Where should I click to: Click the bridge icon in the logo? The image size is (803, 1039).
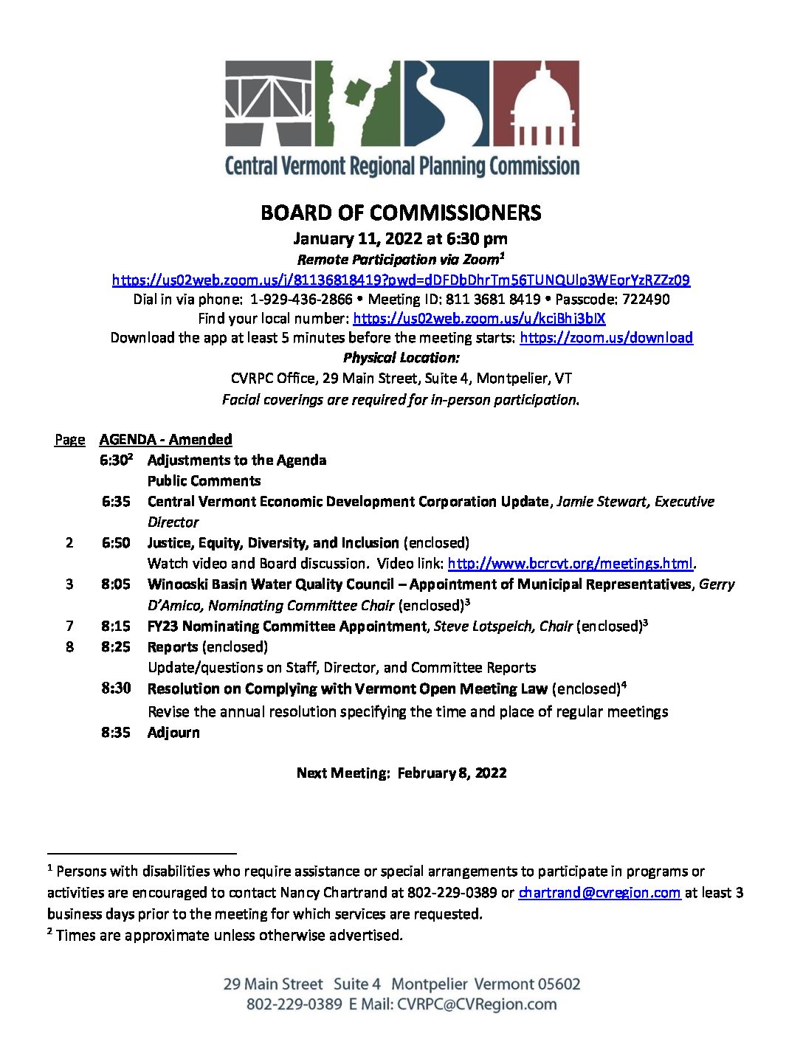[269, 103]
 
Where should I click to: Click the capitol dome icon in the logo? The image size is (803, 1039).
[536, 103]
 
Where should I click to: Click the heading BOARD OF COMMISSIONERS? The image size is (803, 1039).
[401, 213]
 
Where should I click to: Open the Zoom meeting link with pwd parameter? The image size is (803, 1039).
[401, 280]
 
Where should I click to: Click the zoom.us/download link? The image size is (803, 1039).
[606, 338]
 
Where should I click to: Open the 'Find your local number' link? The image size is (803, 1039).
[479, 319]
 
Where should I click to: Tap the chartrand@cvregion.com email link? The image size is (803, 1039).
[599, 893]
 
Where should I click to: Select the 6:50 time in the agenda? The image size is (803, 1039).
[116, 543]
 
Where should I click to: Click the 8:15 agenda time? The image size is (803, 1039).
[116, 626]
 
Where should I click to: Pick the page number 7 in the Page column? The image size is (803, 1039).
[69, 626]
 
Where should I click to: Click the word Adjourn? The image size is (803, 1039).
[173, 733]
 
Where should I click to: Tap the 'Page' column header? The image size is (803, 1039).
[69, 440]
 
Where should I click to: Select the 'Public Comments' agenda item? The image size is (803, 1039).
[204, 481]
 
